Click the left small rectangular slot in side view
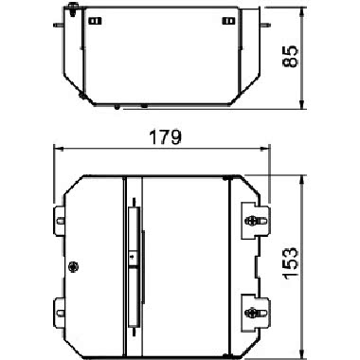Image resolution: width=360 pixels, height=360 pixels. click(x=94, y=20)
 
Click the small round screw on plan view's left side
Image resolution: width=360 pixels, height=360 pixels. click(x=75, y=266)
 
